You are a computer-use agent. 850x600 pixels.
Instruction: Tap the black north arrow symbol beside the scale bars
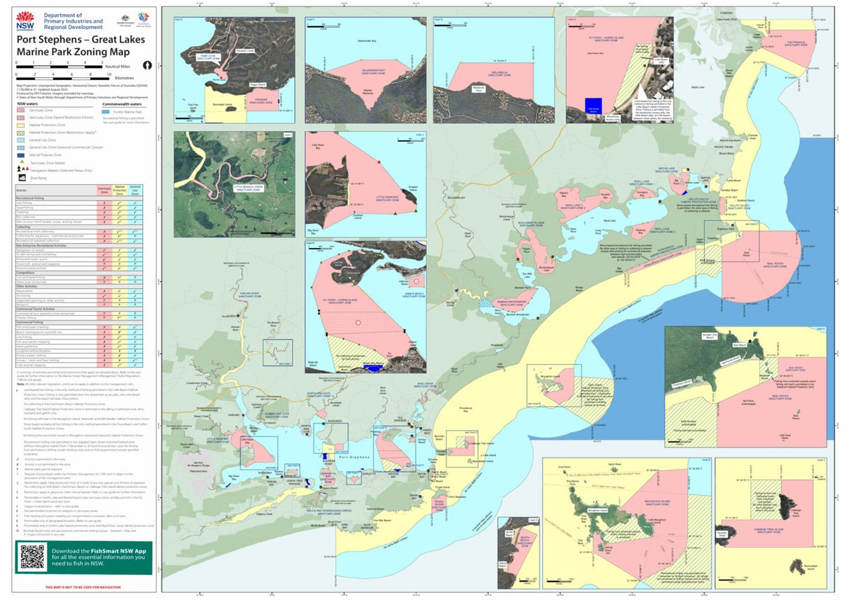point(147,64)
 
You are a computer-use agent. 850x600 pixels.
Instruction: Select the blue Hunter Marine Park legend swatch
point(106,111)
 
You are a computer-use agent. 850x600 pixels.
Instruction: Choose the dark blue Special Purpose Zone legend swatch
point(22,154)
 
